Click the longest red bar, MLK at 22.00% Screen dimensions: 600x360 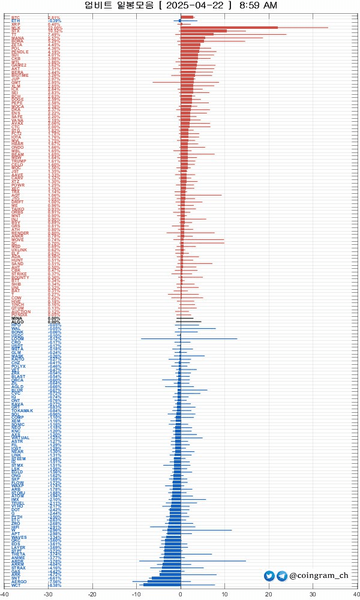[x=229, y=28]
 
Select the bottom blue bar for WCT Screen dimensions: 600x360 [x=162, y=584]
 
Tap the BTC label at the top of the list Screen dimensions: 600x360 [x=15, y=17]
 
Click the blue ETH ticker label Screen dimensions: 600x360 [x=15, y=21]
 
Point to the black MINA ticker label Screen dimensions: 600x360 [x=17, y=318]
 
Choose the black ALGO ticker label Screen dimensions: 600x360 [x=17, y=322]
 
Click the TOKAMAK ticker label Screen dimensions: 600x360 [x=22, y=410]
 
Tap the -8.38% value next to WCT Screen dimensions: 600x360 [x=55, y=584]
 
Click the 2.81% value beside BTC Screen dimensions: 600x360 [x=54, y=17]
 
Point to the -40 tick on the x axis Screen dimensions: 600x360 [x=5, y=594]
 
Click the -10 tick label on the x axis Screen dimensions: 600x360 [x=136, y=594]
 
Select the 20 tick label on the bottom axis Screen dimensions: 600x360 [x=268, y=594]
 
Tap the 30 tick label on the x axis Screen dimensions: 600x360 [x=312, y=594]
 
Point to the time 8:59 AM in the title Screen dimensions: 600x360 [x=258, y=5]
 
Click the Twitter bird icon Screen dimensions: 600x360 [x=269, y=576]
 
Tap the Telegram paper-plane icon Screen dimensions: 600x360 [x=281, y=576]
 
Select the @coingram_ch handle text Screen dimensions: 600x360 [x=319, y=576]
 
